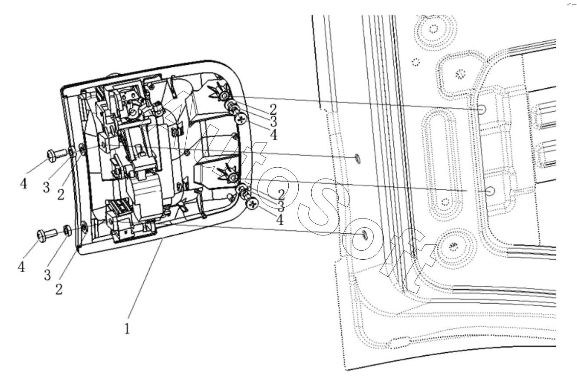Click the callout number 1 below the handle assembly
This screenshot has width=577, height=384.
pyautogui.click(x=127, y=329)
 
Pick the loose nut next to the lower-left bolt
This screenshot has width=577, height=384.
pyautogui.click(x=67, y=230)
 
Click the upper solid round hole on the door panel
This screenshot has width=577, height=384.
pyautogui.click(x=481, y=109)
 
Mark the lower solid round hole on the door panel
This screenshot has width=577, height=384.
pyautogui.click(x=490, y=191)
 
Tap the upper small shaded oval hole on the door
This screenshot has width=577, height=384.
pyautogui.click(x=358, y=158)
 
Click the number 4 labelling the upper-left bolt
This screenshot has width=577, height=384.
pyautogui.click(x=23, y=184)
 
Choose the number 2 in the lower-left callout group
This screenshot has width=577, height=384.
pyautogui.click(x=59, y=289)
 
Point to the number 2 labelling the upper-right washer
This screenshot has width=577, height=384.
pyautogui.click(x=273, y=110)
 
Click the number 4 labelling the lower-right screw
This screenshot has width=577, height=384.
pyautogui.click(x=280, y=220)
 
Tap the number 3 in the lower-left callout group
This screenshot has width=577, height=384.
pyautogui.click(x=47, y=275)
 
